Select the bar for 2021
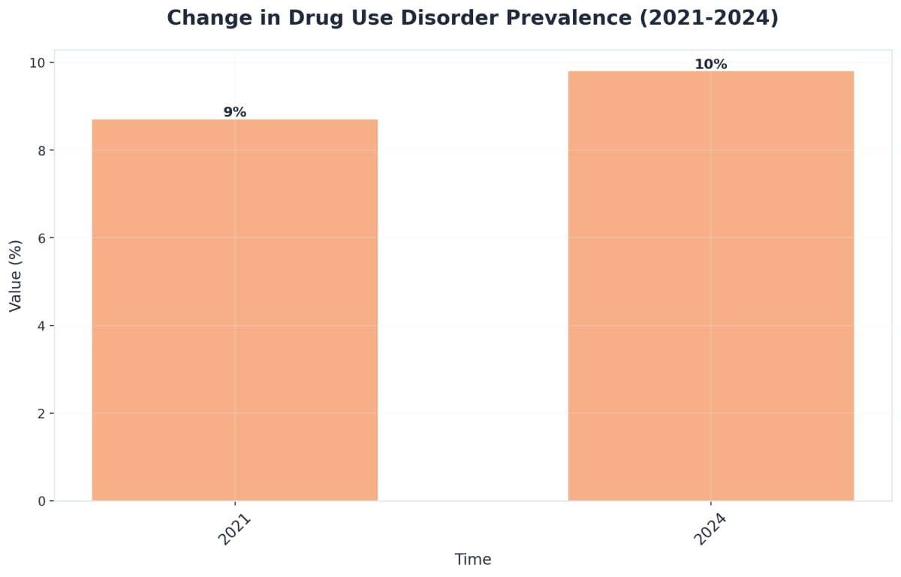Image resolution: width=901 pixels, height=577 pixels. [234, 310]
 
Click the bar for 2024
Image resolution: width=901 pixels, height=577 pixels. [710, 285]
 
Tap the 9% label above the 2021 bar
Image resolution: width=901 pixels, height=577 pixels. [234, 112]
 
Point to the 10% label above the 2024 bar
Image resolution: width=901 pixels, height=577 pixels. [710, 65]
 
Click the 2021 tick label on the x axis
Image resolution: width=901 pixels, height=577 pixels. [234, 530]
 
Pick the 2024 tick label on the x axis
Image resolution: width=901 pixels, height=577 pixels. [710, 530]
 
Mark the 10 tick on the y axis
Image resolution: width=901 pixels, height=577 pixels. [37, 62]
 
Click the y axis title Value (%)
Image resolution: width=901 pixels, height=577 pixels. [15, 276]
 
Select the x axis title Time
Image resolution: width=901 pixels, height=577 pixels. [473, 560]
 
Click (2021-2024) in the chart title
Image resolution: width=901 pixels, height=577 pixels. [709, 18]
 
